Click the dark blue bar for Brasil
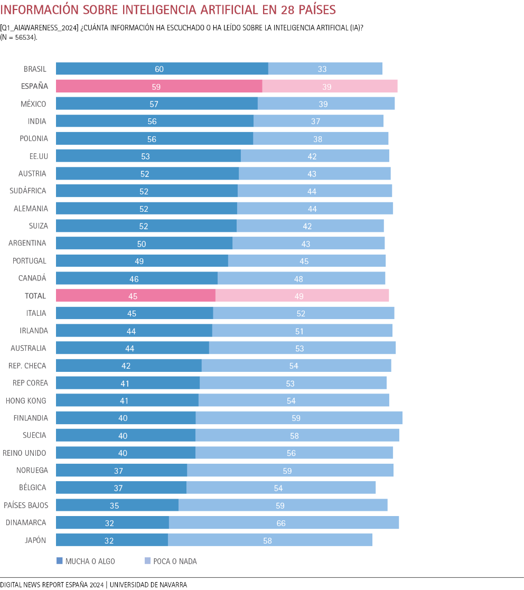[162, 69]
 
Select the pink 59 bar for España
[158, 86]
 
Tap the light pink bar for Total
[302, 296]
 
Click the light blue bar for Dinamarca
[284, 523]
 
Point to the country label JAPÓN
[35, 540]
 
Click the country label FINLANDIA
[31, 418]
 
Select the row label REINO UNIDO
[24, 453]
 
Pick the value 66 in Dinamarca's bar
[281, 523]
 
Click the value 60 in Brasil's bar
[159, 69]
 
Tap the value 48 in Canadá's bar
[298, 278]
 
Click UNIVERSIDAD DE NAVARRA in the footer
[148, 584]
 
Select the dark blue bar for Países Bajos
[117, 505]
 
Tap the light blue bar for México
[326, 104]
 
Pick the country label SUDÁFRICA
[28, 191]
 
